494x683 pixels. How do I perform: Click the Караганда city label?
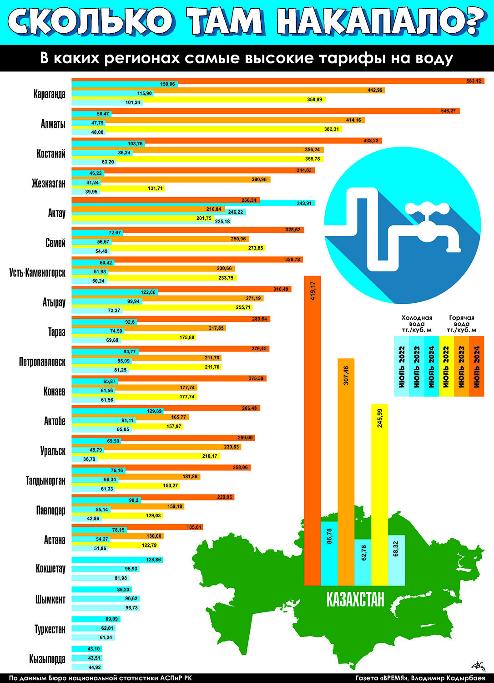[x=49, y=95]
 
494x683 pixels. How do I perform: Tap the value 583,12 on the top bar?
[x=474, y=81]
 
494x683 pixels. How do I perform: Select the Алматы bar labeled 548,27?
[x=266, y=111]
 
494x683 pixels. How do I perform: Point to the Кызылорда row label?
[x=47, y=658]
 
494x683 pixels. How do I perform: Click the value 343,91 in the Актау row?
[x=304, y=203]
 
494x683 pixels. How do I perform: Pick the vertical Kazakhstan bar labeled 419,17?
[x=313, y=431]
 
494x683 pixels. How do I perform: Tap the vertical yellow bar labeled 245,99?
[x=379, y=494]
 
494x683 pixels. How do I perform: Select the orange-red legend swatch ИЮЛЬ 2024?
[x=477, y=367]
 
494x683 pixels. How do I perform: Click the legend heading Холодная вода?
[x=417, y=321]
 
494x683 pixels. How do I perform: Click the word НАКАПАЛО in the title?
[x=378, y=22]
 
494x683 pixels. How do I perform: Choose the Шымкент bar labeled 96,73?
[x=106, y=608]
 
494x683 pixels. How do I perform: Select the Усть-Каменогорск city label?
[x=37, y=273]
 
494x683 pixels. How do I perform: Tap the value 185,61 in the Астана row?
[x=194, y=527]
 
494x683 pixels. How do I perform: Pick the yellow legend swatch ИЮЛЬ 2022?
[x=447, y=367]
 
